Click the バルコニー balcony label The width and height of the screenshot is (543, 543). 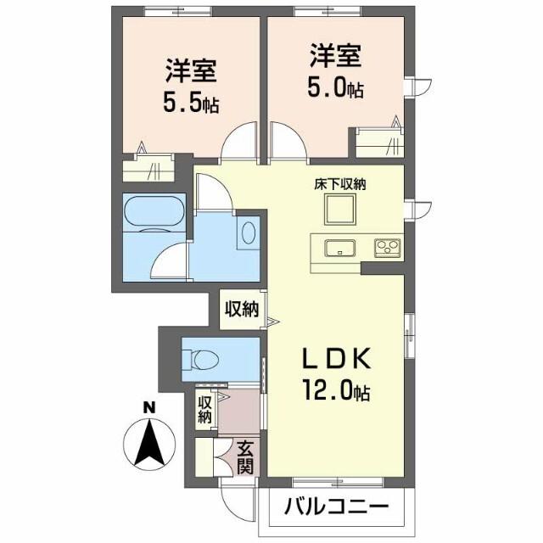click(x=336, y=508)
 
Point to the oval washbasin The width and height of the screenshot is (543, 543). click(x=246, y=232)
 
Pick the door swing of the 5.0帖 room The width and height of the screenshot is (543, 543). click(x=287, y=141)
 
